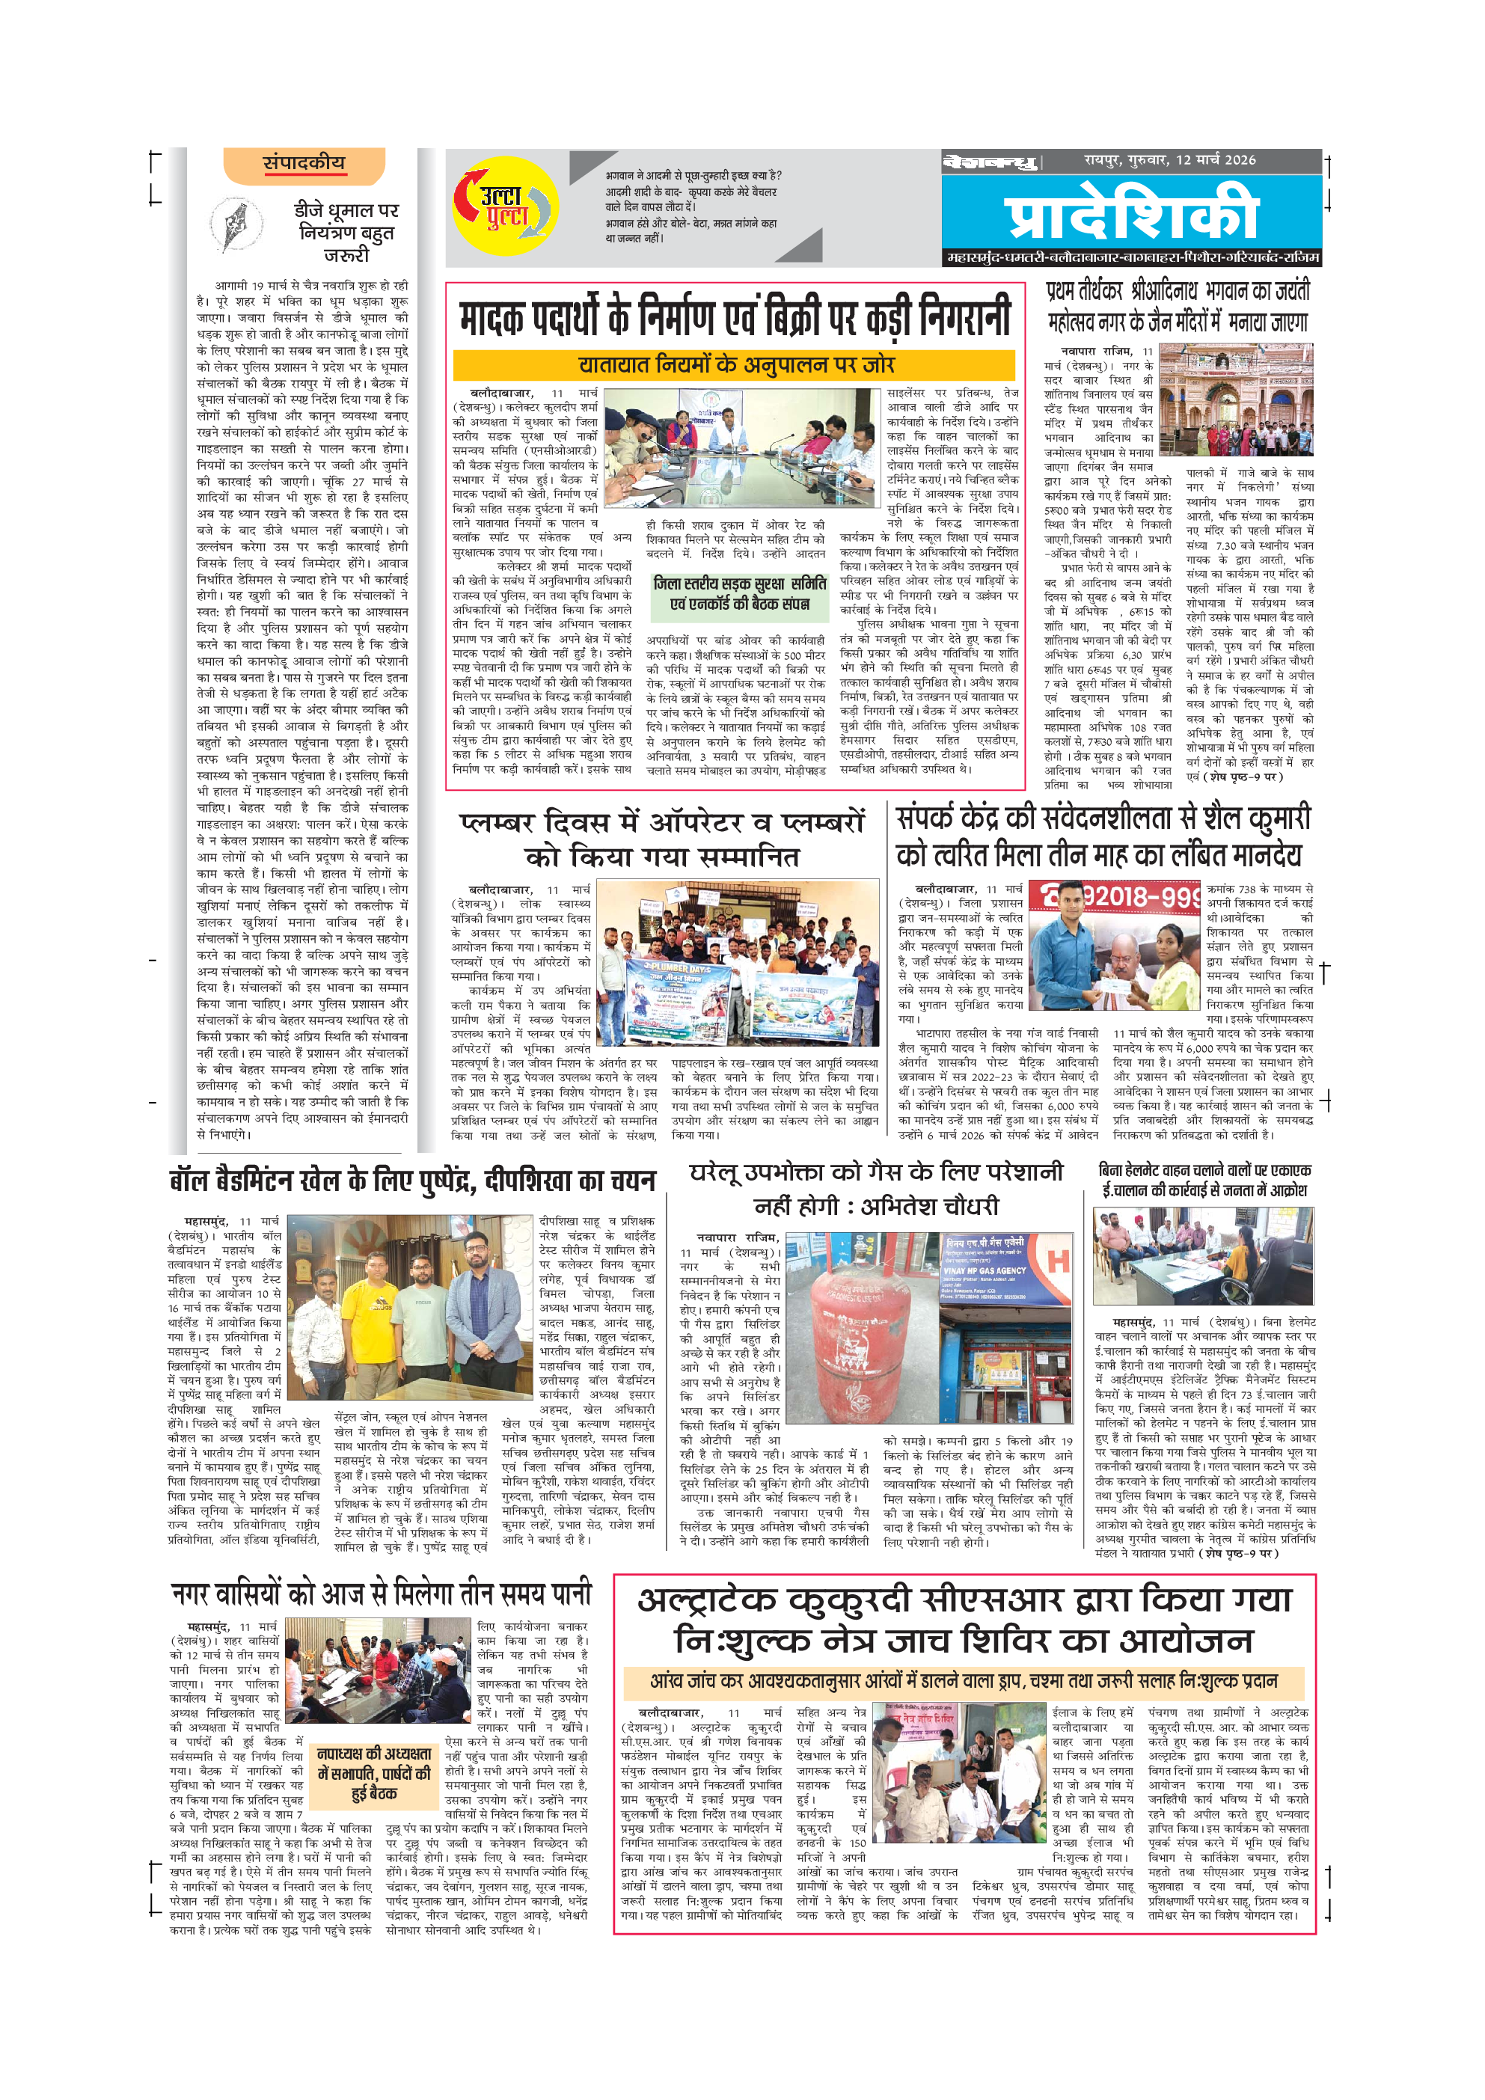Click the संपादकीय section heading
point(304,164)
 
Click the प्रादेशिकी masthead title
point(1132,213)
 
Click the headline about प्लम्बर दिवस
point(662,839)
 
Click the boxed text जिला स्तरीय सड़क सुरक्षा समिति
point(740,593)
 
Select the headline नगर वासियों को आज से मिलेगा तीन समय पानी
point(382,1595)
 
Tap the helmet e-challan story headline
point(1204,1180)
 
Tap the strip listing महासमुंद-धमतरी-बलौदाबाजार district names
point(1132,259)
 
